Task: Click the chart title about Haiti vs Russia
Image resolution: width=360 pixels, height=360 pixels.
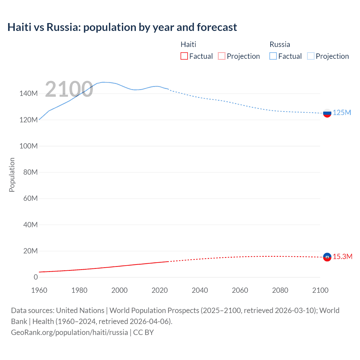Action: (122, 27)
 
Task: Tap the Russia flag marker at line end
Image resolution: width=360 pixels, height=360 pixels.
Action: (327, 113)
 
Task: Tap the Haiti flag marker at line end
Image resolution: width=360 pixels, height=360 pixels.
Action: (327, 257)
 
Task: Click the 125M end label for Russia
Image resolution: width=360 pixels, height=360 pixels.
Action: (342, 113)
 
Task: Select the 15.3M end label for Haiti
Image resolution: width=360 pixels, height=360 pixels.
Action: (343, 257)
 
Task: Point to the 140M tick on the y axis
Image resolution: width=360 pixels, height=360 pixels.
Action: (28, 94)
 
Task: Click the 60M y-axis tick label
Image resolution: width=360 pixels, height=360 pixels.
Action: (30, 199)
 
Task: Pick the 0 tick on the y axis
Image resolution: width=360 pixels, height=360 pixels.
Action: (36, 277)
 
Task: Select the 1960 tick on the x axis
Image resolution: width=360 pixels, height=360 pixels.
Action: (39, 290)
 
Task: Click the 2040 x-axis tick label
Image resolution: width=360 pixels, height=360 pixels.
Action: (200, 290)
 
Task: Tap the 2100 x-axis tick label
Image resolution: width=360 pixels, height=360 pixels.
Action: (320, 290)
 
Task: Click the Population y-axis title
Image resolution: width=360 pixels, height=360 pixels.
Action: (12, 175)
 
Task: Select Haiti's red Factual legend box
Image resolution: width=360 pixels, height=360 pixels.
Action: (184, 56)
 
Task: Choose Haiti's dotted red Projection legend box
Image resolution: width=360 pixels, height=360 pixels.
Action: (222, 56)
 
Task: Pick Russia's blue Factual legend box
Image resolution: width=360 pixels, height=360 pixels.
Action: (273, 56)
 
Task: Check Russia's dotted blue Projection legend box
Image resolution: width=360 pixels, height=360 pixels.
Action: (310, 56)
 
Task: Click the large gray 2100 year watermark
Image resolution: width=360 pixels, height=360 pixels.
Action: (69, 89)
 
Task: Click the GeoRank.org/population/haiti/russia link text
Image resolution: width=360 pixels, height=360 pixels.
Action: (69, 332)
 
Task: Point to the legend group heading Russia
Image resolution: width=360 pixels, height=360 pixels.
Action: (280, 44)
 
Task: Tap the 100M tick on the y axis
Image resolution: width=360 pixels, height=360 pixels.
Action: (28, 146)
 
